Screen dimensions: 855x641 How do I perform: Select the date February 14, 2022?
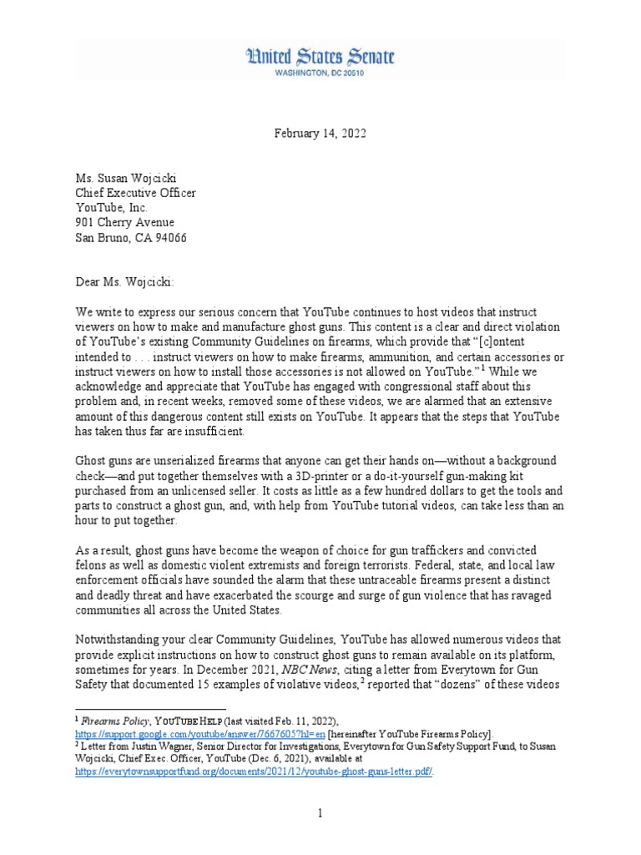click(320, 133)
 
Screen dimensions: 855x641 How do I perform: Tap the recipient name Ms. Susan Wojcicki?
click(130, 178)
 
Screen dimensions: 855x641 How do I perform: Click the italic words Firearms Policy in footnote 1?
click(115, 721)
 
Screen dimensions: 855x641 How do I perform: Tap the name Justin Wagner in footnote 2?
click(152, 746)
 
